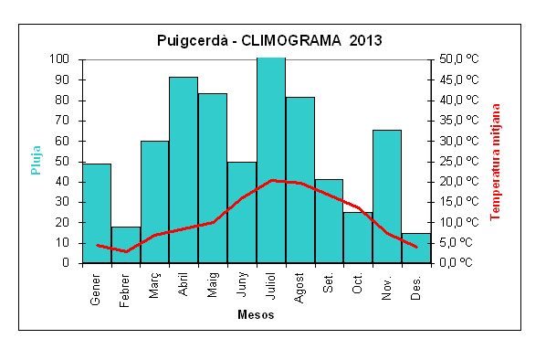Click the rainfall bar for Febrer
[x=126, y=245]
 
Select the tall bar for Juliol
[x=271, y=160]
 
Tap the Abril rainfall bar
[x=184, y=170]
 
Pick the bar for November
[x=387, y=196]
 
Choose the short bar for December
[x=416, y=248]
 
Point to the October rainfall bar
[x=358, y=238]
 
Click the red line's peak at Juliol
[x=272, y=180]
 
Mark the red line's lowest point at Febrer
[x=126, y=251]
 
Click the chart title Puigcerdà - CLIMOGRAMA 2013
[x=269, y=40]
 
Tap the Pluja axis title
[x=36, y=160]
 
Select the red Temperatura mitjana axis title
[x=495, y=162]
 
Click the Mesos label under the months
[x=256, y=314]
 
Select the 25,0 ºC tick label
[x=459, y=162]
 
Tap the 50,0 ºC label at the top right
[x=459, y=58]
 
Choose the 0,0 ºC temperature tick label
[x=456, y=262]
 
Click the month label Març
[x=154, y=285]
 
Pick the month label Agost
[x=299, y=288]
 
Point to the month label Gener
[x=95, y=290]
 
